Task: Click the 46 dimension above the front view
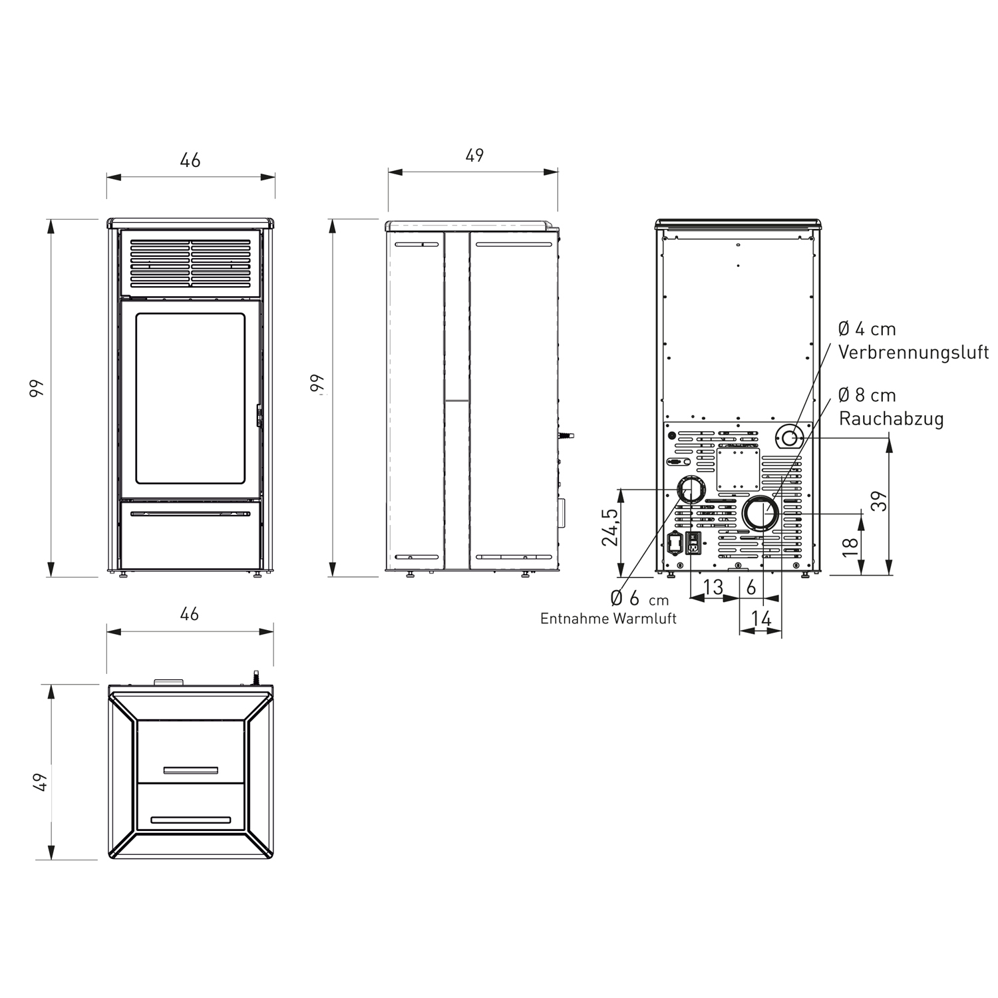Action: pyautogui.click(x=190, y=160)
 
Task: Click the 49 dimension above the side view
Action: pyautogui.click(x=474, y=155)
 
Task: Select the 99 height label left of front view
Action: pyautogui.click(x=37, y=388)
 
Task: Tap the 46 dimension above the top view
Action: pyautogui.click(x=190, y=613)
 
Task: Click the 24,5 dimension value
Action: pyautogui.click(x=610, y=527)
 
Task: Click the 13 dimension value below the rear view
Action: pyautogui.click(x=713, y=587)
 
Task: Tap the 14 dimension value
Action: pyautogui.click(x=760, y=619)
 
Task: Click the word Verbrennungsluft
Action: pyautogui.click(x=913, y=352)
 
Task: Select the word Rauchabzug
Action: pyautogui.click(x=891, y=418)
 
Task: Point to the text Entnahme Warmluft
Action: pyautogui.click(x=608, y=619)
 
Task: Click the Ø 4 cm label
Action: pyautogui.click(x=867, y=329)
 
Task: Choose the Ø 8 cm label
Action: pyautogui.click(x=867, y=395)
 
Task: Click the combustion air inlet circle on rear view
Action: pyautogui.click(x=789, y=438)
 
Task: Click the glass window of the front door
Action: pyautogui.click(x=190, y=398)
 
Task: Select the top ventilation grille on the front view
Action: pyautogui.click(x=190, y=263)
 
